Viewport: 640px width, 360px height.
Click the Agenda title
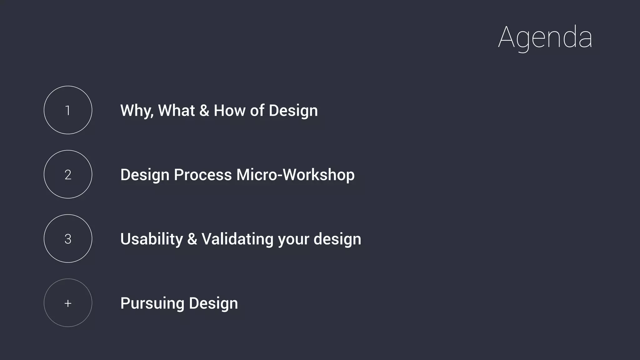click(x=545, y=37)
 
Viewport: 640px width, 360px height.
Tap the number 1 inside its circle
click(x=68, y=110)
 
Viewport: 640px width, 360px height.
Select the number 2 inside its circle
click(x=68, y=175)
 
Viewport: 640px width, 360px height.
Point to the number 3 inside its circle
click(x=68, y=239)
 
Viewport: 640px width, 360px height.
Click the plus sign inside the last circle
click(x=68, y=303)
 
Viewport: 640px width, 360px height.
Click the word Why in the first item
click(x=137, y=111)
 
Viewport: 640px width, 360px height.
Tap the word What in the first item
click(x=177, y=111)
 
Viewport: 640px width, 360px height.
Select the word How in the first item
click(x=229, y=111)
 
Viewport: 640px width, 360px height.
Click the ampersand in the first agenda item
click(x=204, y=111)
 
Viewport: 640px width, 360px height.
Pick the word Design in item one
click(x=293, y=111)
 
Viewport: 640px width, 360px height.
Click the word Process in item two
click(x=203, y=175)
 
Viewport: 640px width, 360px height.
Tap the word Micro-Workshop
click(x=295, y=175)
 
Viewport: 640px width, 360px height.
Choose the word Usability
click(x=152, y=239)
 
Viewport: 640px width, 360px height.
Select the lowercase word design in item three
click(x=337, y=239)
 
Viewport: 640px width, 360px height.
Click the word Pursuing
click(x=152, y=303)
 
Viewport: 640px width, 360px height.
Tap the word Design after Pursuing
click(x=213, y=303)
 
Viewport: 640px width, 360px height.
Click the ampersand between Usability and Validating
click(x=192, y=239)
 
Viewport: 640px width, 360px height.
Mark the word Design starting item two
click(x=145, y=175)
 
